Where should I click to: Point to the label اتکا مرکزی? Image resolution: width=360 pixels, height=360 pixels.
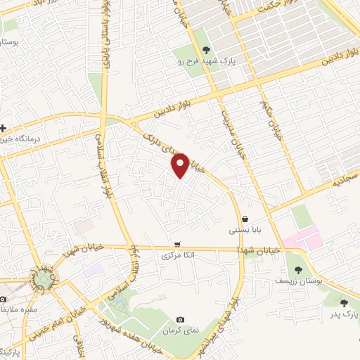178,255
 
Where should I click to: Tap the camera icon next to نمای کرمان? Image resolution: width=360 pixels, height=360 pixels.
181,320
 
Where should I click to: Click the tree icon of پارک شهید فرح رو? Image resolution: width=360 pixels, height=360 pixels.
206,49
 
